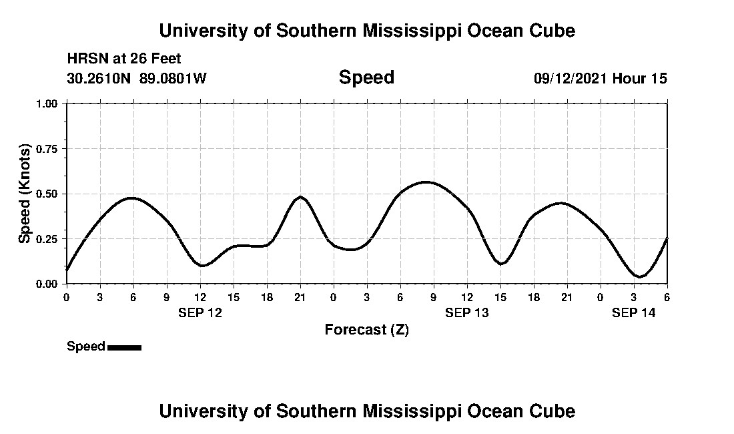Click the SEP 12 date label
tap(200, 312)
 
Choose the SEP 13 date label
tap(467, 312)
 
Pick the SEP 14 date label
tap(634, 312)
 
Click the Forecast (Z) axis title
tap(366, 330)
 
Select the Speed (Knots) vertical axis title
tap(25, 193)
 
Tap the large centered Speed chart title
tap(366, 77)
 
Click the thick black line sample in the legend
tap(124, 347)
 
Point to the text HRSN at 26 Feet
tap(124, 59)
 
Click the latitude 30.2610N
tap(100, 78)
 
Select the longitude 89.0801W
tap(173, 78)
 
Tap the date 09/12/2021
tap(571, 78)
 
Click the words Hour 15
tap(640, 78)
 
